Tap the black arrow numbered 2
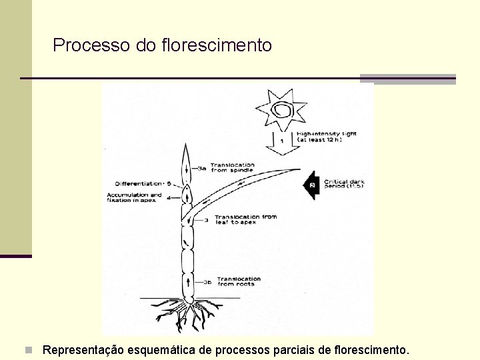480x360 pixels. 310,185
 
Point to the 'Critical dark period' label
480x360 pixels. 344,183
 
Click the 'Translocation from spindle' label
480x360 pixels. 232,167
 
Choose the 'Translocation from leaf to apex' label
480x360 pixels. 245,219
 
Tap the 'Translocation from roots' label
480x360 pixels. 239,281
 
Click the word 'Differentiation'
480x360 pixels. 138,183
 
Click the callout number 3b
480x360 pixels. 207,282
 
